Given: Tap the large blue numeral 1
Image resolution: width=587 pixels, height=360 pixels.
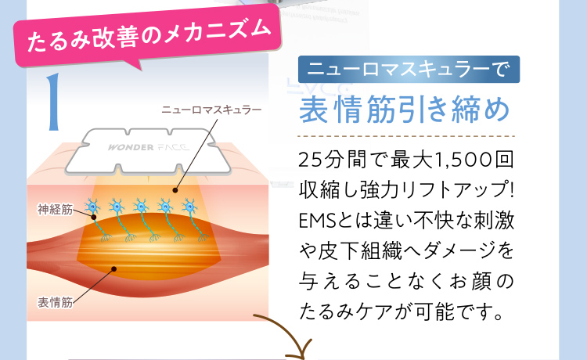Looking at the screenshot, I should pos(54,102).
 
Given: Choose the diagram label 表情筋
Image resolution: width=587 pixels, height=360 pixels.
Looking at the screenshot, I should pos(55,302).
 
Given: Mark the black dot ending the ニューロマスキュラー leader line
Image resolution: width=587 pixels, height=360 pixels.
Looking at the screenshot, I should pos(175,189).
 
